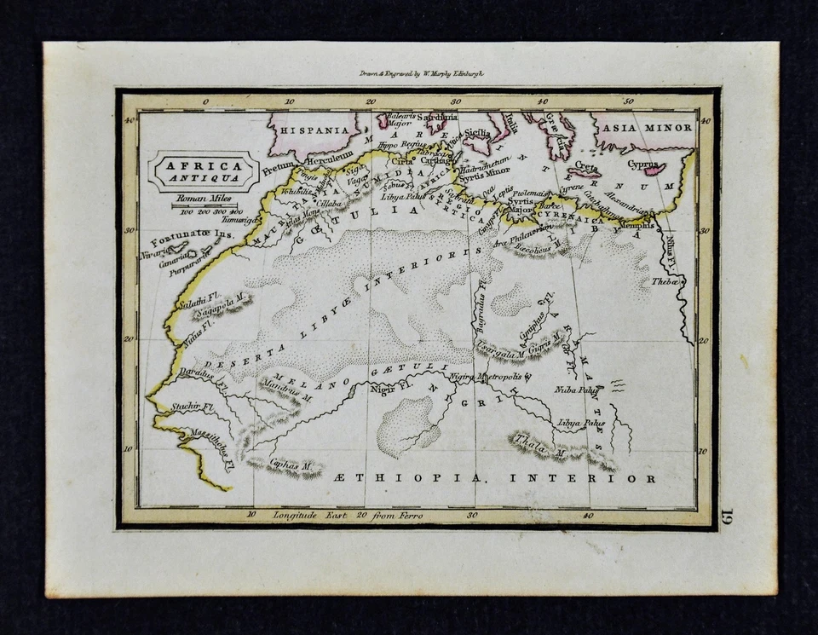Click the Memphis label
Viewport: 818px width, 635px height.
[637, 226]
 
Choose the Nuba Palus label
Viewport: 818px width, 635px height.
[577, 390]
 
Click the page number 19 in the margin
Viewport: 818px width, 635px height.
[726, 517]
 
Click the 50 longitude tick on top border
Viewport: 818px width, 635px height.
[628, 101]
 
